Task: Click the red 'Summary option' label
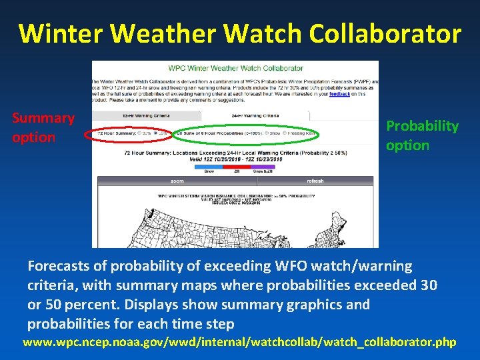(43, 127)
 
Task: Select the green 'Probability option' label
(422, 135)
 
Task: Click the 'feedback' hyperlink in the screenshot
(339, 95)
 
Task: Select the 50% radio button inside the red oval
(156, 133)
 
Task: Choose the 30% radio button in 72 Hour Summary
(139, 133)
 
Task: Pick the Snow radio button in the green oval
(267, 133)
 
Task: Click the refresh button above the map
(315, 181)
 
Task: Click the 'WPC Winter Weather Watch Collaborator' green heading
(235, 68)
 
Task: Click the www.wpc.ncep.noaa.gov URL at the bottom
(239, 343)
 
